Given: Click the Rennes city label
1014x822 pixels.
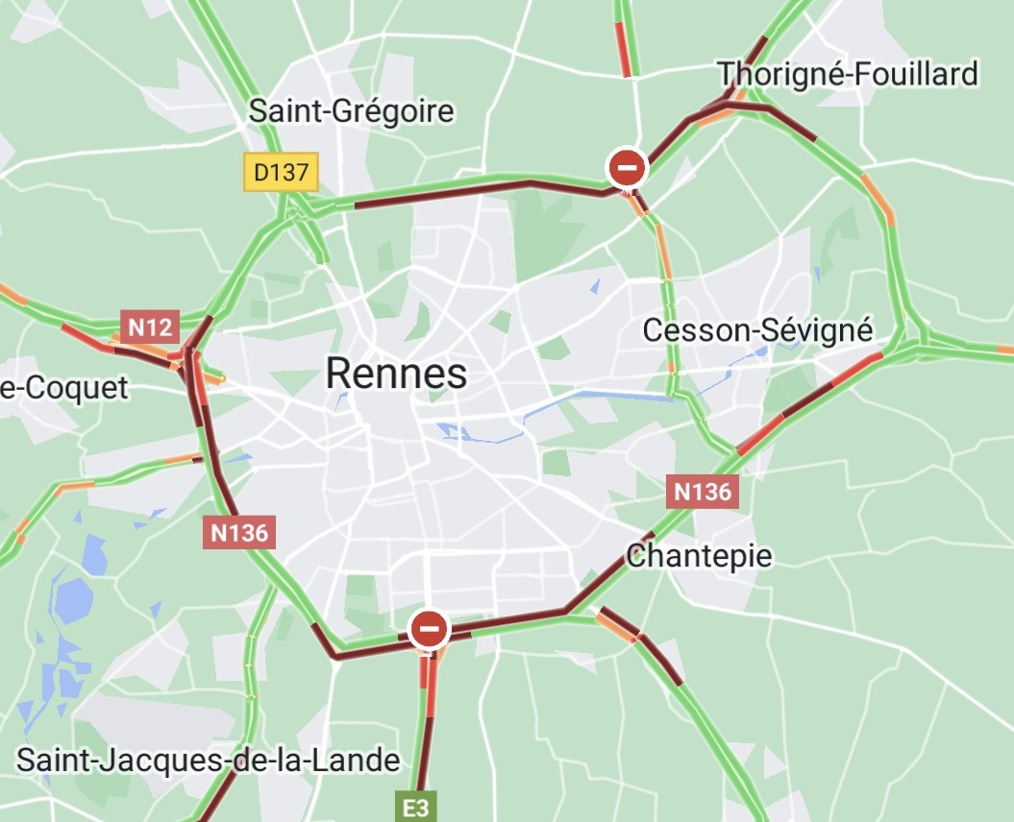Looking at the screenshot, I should pos(396,374).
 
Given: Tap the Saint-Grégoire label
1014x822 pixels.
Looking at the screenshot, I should pos(351,111).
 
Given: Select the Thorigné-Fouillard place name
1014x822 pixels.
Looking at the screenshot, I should pos(847,74).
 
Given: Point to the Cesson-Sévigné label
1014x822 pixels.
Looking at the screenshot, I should pos(757,330).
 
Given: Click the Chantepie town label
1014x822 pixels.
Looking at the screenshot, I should pos(699,556).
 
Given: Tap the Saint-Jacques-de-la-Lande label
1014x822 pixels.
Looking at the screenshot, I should pos(208,761).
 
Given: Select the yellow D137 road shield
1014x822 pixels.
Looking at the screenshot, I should pos(280,173).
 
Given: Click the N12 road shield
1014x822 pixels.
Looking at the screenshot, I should pos(150,326).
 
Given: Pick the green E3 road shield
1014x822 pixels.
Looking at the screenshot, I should pos(416,809).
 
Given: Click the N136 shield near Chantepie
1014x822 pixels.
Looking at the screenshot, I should pos(703,492).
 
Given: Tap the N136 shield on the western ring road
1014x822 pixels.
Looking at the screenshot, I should pos(239,532).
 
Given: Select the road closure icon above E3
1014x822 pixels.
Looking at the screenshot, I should pos(429,630).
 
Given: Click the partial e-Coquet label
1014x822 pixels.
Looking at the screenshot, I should pos(63,388).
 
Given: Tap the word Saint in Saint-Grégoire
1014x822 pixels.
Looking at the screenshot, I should pos(285,111).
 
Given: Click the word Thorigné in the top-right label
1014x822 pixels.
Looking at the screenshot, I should pos(777,74).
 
